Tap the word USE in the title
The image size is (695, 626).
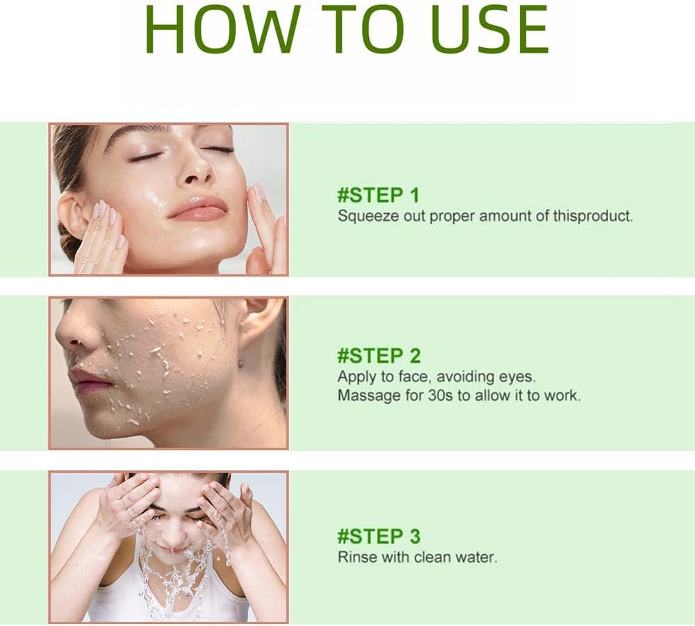point(489,30)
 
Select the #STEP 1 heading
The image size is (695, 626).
point(377,195)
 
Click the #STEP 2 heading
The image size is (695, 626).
point(379,356)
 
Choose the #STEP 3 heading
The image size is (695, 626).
point(379,536)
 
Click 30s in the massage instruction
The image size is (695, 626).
point(440,395)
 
